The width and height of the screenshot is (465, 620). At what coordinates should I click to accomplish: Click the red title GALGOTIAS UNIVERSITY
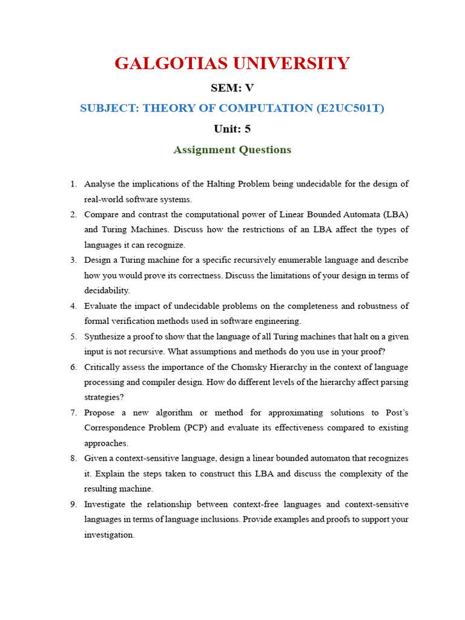click(232, 63)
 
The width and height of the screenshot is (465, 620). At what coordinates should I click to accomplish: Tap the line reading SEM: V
click(232, 88)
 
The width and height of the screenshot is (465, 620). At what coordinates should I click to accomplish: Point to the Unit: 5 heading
click(232, 128)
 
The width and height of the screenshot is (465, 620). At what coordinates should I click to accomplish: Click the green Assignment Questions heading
click(232, 150)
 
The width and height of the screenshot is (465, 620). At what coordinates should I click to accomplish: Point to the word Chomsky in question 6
click(249, 367)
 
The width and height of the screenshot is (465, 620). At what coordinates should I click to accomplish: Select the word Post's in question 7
click(397, 412)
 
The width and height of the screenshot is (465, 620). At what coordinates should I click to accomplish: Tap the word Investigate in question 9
click(104, 504)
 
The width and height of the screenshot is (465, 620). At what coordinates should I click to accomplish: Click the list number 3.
click(73, 260)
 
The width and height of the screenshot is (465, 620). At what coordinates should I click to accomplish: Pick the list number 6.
click(73, 367)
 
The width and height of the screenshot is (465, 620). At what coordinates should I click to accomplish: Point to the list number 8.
click(73, 458)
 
